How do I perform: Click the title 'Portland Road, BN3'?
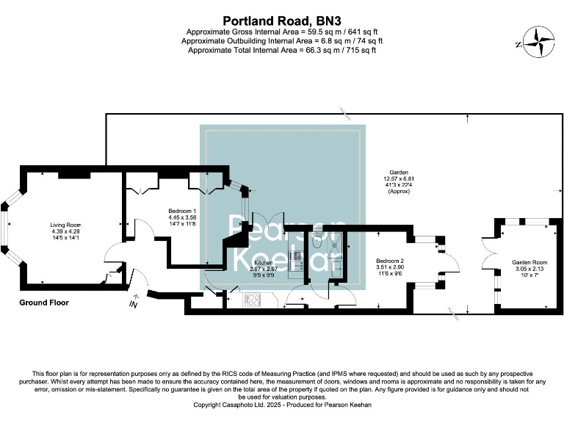tap(282, 21)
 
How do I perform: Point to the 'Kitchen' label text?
tap(263, 262)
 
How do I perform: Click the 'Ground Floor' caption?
tap(43, 302)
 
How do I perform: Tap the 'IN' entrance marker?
tap(133, 304)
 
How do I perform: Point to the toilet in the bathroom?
tap(317, 239)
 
